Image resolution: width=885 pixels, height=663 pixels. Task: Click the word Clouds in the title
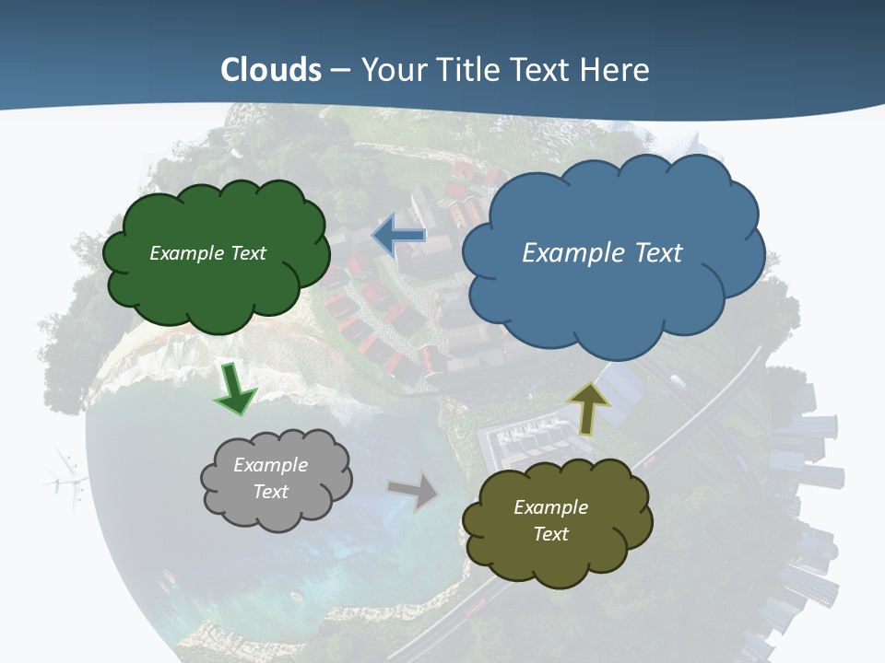(x=271, y=70)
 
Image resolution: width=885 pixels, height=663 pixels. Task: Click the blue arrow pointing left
(x=399, y=236)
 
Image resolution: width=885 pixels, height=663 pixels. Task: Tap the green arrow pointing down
(x=234, y=390)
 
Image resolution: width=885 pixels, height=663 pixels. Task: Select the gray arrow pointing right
(x=414, y=491)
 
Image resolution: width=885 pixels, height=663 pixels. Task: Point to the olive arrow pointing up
(x=588, y=407)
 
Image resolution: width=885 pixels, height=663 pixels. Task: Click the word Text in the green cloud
(x=246, y=253)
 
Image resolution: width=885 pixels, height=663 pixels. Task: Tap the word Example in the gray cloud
(x=270, y=465)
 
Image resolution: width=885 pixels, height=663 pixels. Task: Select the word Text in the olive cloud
(x=550, y=534)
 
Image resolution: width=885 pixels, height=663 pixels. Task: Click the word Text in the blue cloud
(x=656, y=252)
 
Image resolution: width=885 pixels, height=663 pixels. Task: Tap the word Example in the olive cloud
(x=550, y=507)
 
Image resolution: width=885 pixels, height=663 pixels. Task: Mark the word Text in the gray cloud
(x=270, y=492)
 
